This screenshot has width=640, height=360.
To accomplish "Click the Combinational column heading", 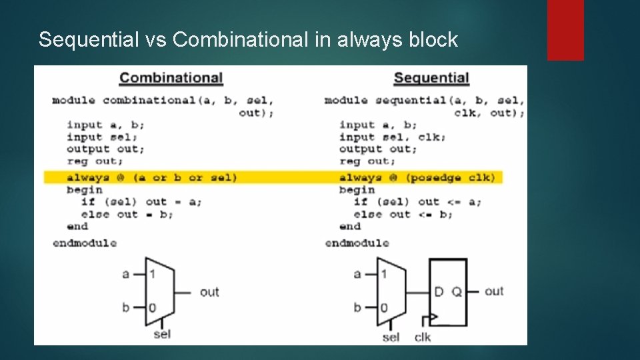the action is pyautogui.click(x=171, y=78).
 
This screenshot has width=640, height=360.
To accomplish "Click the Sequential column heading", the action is pyautogui.click(x=431, y=78).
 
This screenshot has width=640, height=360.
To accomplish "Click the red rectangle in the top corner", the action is pyautogui.click(x=565, y=29).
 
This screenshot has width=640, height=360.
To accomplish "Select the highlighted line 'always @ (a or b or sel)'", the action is pyautogui.click(x=151, y=177).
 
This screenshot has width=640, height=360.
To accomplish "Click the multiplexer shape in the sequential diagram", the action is pyautogui.click(x=391, y=291).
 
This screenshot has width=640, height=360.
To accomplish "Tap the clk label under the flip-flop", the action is pyautogui.click(x=423, y=337).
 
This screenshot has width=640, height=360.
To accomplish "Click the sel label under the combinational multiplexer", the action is pyautogui.click(x=162, y=333).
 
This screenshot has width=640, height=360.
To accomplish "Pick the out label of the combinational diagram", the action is pyautogui.click(x=209, y=291).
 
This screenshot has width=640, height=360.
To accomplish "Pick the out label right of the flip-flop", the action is pyautogui.click(x=494, y=291).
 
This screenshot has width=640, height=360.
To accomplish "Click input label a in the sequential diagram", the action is pyautogui.click(x=357, y=274).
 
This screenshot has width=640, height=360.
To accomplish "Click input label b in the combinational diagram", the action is pyautogui.click(x=126, y=308).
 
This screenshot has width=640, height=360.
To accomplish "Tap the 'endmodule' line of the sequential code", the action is pyautogui.click(x=357, y=243).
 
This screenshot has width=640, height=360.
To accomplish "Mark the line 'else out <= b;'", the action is pyautogui.click(x=403, y=214).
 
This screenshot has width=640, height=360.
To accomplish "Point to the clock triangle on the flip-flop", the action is pyautogui.click(x=434, y=317).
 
